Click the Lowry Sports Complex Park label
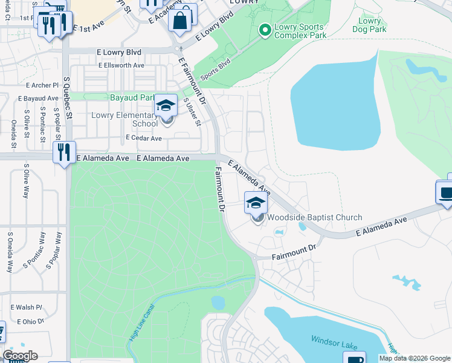pyautogui.click(x=300, y=31)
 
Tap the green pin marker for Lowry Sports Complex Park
pyautogui.click(x=264, y=29)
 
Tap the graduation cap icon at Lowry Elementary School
pyautogui.click(x=166, y=106)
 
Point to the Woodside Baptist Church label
pyautogui.click(x=315, y=217)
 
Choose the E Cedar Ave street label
pyautogui.click(x=144, y=138)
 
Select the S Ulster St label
pyautogui.click(x=192, y=112)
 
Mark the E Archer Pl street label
pyautogui.click(x=38, y=85)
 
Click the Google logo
pyautogui.click(x=20, y=356)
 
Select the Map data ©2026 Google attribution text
pyautogui.click(x=414, y=358)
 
